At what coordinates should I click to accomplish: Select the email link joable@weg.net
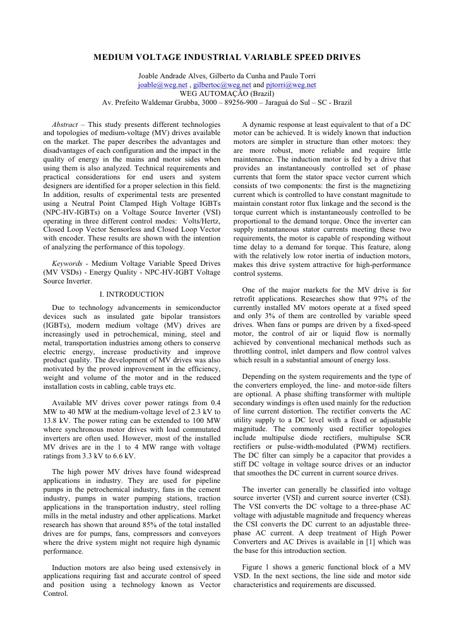162,84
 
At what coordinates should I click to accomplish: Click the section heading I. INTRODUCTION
131,294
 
